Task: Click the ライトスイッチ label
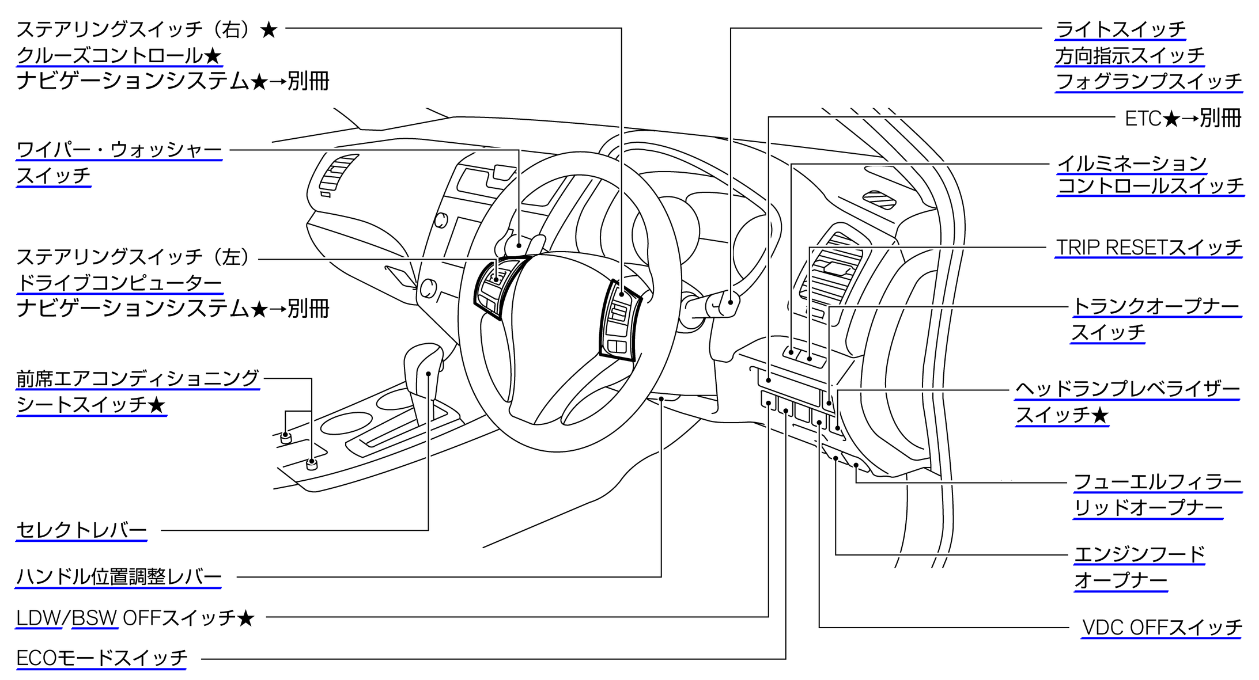click(x=1120, y=29)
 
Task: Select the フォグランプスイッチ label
click(x=1148, y=81)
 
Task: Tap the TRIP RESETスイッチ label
click(x=1148, y=248)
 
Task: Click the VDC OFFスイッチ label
click(x=1162, y=627)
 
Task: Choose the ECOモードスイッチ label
click(x=102, y=658)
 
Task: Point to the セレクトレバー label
click(x=81, y=530)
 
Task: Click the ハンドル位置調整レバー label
click(x=119, y=576)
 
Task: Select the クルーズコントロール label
click(x=119, y=55)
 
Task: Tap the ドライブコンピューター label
click(x=119, y=283)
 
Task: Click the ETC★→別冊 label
click(x=1182, y=118)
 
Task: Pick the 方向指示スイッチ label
click(x=1129, y=55)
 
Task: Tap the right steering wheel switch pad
click(x=619, y=320)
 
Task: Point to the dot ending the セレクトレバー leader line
click(x=429, y=374)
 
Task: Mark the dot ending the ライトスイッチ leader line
click(x=731, y=301)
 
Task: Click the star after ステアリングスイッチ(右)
click(x=269, y=29)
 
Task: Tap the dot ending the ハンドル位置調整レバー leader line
click(x=661, y=398)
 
